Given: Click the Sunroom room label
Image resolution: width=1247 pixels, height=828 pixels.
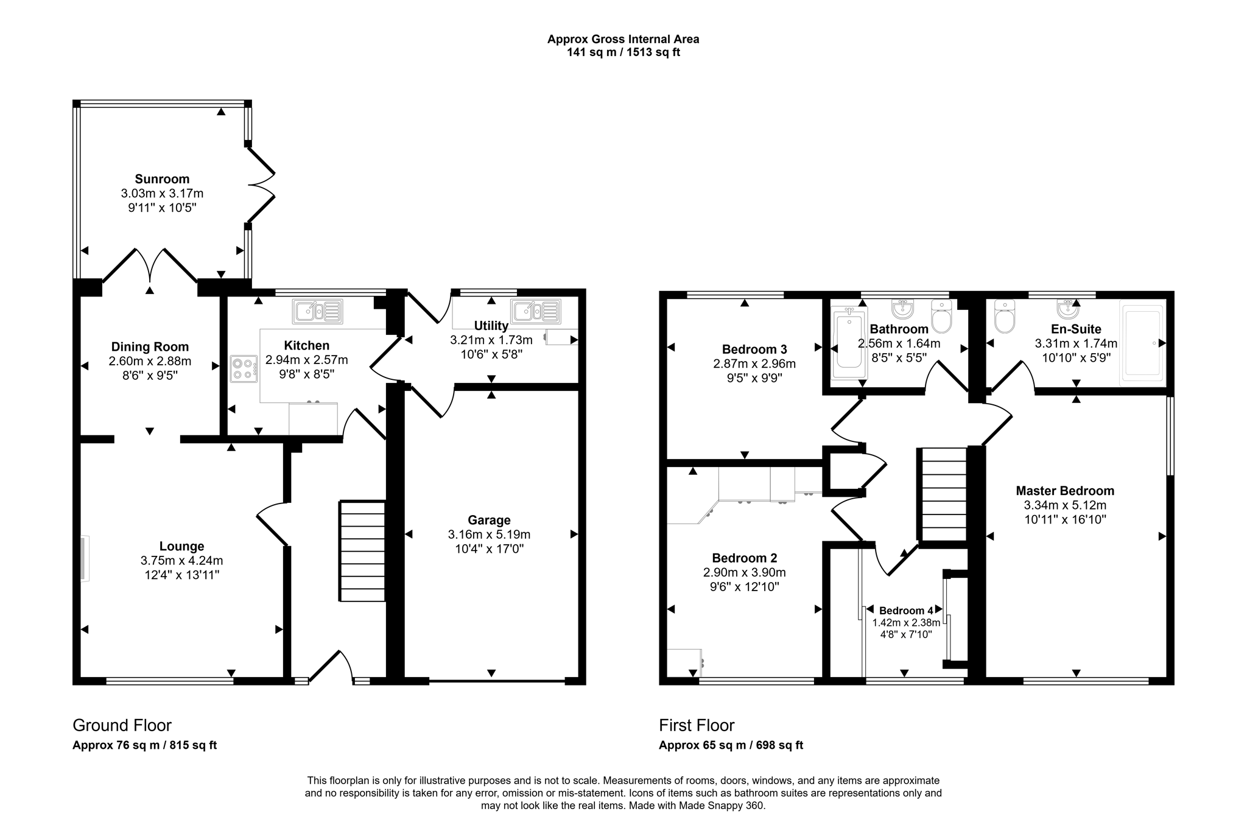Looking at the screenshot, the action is pos(162,179).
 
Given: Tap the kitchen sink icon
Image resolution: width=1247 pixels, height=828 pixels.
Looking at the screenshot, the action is pos(317,312).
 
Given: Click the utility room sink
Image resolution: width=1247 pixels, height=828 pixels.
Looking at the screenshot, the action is pos(536,311).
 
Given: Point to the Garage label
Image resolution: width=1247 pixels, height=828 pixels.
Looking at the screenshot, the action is pos(489,520).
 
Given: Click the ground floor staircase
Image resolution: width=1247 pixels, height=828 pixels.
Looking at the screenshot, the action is pos(362,552).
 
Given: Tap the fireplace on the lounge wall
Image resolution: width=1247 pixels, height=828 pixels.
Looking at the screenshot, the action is pos(84,558).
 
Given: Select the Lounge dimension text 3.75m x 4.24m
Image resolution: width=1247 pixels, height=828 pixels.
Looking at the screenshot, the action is pos(181,560).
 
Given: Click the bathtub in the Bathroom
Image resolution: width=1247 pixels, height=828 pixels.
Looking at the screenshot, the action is pos(849,342).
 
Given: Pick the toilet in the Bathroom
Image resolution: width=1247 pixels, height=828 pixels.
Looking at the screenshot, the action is pos(941,317).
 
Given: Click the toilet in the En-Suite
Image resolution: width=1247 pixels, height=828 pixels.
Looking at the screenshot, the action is pos(1004,317).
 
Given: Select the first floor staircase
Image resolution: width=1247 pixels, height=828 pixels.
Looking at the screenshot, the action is pos(943,494).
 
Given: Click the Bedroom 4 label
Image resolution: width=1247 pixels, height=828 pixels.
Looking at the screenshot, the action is pos(906,611).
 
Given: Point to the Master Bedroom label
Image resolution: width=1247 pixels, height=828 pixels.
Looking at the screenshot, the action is pos(1065,491).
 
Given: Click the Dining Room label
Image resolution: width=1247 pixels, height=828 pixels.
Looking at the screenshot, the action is pos(150,347).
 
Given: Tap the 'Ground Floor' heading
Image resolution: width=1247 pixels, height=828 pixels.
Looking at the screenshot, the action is pos(122,725).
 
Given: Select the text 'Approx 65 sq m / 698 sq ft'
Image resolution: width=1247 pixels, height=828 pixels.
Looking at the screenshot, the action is pos(731,745).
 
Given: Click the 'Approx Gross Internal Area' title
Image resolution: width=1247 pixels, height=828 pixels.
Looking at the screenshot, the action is pos(623,39).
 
